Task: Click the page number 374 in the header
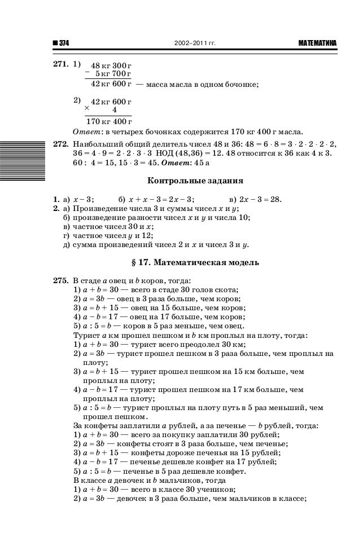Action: (x=61, y=43)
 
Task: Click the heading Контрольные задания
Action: (x=195, y=182)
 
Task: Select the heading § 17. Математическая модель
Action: (x=195, y=263)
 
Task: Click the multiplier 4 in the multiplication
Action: (x=115, y=111)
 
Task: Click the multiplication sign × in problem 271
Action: (x=87, y=107)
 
